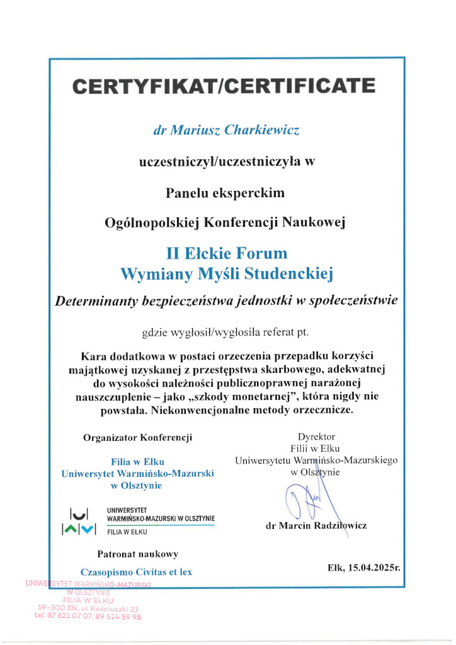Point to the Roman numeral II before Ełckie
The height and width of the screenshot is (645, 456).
coord(173,253)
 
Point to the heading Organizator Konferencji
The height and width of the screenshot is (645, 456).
coord(137,437)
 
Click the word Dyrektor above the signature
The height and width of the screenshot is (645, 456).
coord(316,436)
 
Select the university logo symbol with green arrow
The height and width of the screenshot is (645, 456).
coord(79,522)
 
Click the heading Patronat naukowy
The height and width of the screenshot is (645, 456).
coord(137,554)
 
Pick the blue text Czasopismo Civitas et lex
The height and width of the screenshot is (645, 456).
coord(137,572)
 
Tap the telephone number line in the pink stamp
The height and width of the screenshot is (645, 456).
coord(88,617)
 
